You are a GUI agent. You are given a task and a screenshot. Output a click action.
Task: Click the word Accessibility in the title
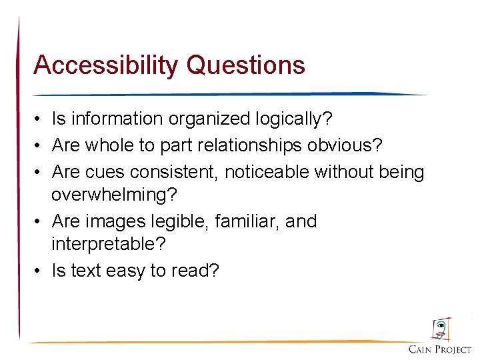click(x=106, y=65)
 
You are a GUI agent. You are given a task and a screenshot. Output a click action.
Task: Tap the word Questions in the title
click(x=246, y=65)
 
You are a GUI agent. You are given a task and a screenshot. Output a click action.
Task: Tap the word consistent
click(x=173, y=172)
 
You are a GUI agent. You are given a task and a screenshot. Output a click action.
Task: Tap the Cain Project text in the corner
click(x=440, y=350)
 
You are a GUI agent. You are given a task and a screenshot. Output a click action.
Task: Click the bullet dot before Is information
click(x=40, y=120)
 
